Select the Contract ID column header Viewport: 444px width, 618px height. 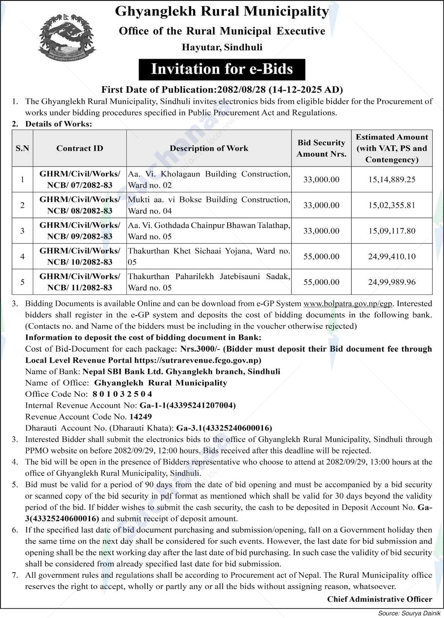point(80,148)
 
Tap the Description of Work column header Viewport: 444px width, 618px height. point(209,148)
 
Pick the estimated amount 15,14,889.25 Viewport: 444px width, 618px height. point(392,179)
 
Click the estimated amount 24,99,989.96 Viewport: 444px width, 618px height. point(392,282)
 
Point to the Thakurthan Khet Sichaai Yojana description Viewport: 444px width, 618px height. point(209,256)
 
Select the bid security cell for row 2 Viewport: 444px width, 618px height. point(321,205)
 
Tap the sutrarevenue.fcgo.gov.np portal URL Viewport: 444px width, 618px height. point(197,360)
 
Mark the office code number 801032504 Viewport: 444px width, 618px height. point(122,394)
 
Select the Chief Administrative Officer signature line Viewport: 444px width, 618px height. point(379,599)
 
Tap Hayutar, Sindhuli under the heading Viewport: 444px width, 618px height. point(222,47)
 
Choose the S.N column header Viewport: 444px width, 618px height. point(23,148)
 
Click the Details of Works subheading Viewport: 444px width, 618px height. point(58,124)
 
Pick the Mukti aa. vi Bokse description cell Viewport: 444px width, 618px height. point(209,205)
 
